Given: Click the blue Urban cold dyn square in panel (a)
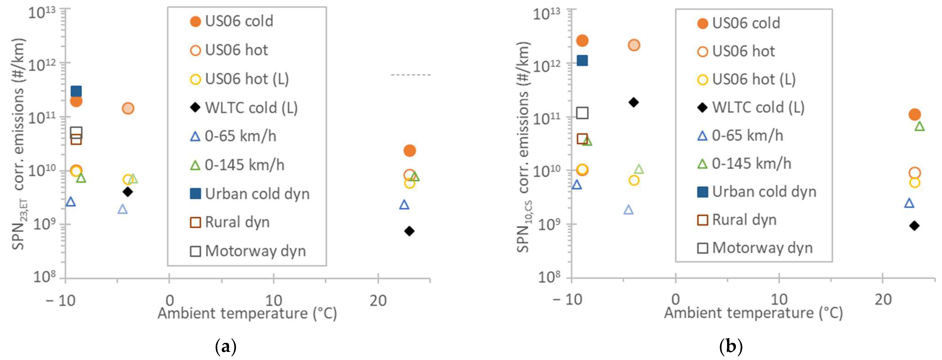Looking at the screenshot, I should point(76,91).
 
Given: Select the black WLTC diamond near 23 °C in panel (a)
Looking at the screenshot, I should point(409,231).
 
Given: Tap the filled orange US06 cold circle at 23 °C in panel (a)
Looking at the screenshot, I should point(410,150).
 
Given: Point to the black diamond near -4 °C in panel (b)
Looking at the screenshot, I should point(634,102).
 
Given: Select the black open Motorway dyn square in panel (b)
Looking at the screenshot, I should point(582,113).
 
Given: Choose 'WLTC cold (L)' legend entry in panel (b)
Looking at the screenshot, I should point(758,107).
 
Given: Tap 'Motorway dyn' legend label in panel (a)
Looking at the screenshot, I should point(255,251).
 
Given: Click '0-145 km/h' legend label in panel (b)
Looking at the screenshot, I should point(751,164).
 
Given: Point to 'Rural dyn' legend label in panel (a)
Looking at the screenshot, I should point(237,222).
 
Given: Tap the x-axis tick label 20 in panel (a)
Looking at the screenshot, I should point(378,301).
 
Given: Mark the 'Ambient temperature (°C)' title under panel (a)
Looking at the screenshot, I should point(247,313).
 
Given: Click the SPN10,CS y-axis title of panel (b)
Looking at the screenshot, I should point(524,146).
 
